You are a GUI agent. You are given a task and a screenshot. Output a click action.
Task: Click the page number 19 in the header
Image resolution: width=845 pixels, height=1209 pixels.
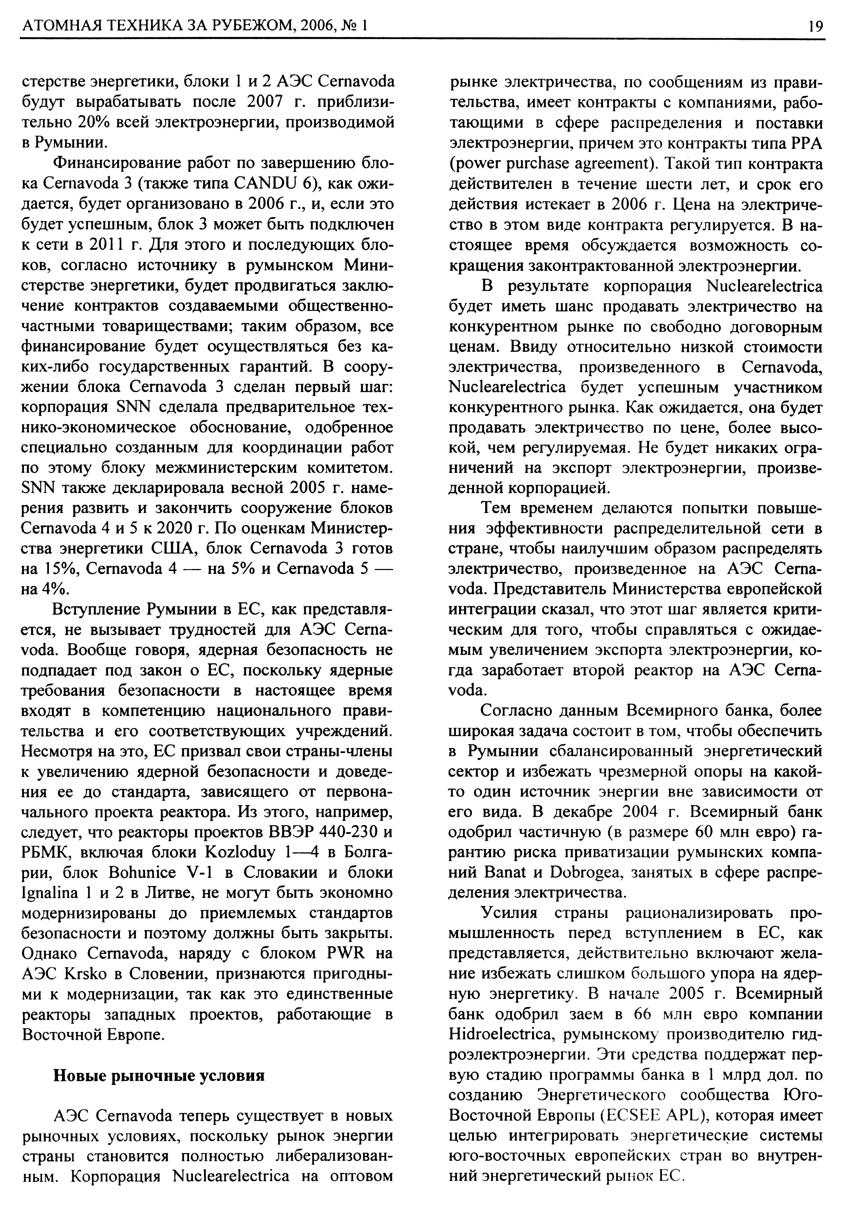815,26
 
